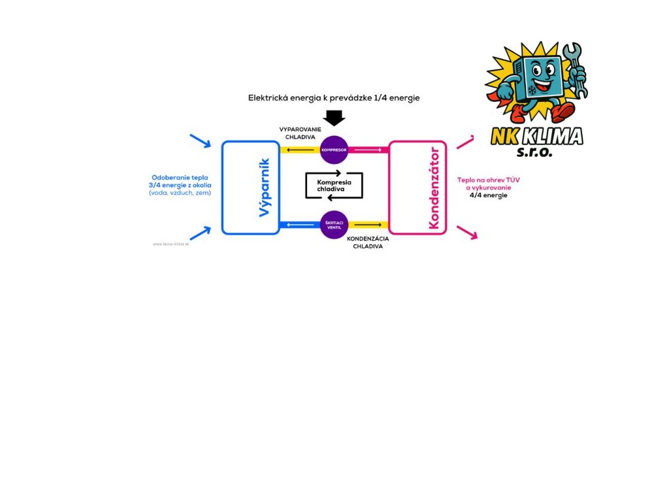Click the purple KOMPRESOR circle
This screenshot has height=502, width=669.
tap(334, 150)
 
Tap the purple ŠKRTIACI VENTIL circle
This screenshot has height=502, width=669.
tap(334, 225)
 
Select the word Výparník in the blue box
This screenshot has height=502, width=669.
tap(264, 188)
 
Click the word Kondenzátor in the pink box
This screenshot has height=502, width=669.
tap(433, 188)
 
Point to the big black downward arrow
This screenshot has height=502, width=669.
tap(334, 118)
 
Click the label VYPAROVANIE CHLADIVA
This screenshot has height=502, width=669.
tap(297, 133)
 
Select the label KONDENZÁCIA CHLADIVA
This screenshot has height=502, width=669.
tap(368, 243)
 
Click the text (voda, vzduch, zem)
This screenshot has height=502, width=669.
tap(180, 193)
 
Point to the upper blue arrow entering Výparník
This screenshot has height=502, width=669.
tap(201, 141)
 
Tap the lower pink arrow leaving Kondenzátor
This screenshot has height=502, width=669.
tap(467, 232)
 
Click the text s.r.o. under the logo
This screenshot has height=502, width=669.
tap(534, 152)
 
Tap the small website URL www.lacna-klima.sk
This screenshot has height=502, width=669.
tap(171, 244)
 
